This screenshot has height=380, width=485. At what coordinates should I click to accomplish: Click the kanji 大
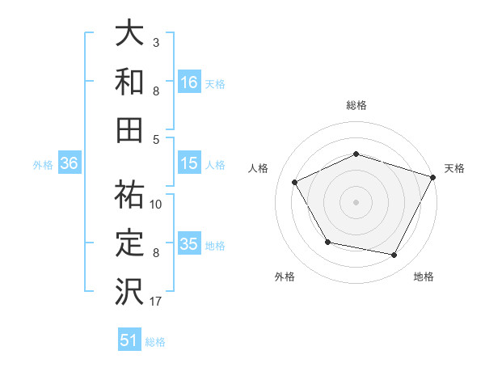pos(129,35)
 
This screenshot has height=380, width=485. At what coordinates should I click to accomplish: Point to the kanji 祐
pos(129,194)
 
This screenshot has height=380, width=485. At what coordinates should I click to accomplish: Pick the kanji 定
pos(129,242)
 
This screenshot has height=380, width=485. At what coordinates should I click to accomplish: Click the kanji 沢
pos(129,289)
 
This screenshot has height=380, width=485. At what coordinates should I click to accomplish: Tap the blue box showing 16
pos(188,82)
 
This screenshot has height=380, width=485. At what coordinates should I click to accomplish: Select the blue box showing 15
pos(188,163)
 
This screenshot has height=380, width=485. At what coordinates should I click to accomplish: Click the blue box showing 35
pos(188,244)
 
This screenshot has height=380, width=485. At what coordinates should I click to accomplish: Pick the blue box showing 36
pos(69,163)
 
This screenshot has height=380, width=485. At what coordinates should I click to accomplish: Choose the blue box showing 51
pos(129,340)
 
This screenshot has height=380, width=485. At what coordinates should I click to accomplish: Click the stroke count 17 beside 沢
pos(156,302)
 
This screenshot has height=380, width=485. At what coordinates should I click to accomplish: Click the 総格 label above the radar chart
pos(356,105)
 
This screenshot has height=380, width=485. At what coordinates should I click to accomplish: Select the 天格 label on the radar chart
pos(454,168)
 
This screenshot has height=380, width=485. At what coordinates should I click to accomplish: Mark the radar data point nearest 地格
pos(394,255)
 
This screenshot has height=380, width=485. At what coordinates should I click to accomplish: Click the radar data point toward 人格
pos(294,183)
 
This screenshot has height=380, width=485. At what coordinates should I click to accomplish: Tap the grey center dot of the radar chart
pos(356,202)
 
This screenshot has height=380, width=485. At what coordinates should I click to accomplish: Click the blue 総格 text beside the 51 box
pos(155,342)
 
